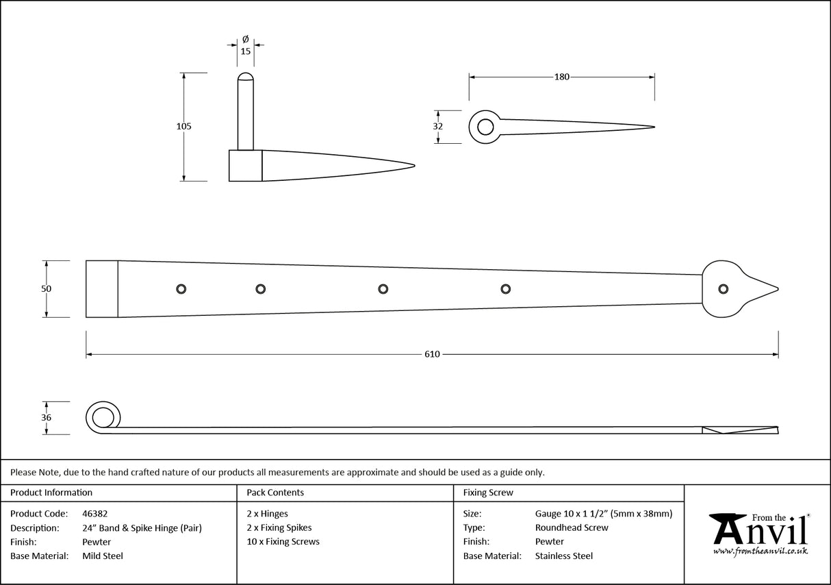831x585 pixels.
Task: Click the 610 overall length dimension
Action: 431,354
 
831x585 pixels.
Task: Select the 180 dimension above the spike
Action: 561,77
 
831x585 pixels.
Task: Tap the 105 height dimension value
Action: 183,126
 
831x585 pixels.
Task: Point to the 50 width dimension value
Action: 46,289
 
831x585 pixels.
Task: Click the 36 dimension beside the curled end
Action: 46,417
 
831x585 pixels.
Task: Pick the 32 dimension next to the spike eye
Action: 438,126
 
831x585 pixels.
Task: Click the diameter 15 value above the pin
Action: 246,51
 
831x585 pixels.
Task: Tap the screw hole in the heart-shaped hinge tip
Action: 721,289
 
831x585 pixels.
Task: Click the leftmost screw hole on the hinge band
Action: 181,289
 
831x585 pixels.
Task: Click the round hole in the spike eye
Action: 485,127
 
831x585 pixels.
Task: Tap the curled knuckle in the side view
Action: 103,417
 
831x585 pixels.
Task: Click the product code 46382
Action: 94,514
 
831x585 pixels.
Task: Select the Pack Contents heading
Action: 275,493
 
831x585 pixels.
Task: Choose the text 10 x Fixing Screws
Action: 283,542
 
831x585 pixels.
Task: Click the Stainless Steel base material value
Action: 564,556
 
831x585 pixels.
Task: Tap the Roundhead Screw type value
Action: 572,527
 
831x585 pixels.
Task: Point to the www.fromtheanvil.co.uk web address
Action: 760,551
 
